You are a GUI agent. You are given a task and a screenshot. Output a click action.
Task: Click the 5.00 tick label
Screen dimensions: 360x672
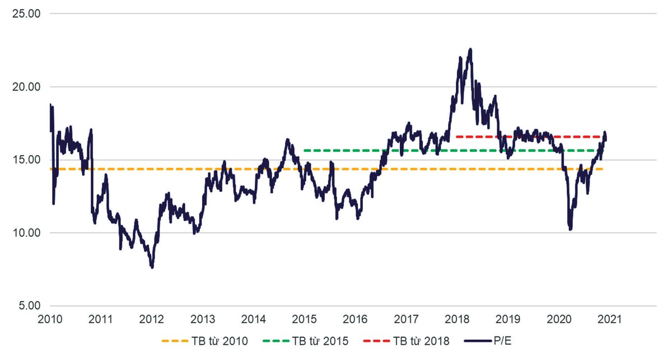[x=27, y=306]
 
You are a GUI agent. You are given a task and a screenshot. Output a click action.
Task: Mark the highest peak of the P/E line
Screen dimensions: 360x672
[x=470, y=49]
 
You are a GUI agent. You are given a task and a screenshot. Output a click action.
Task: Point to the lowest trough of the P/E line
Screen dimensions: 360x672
[x=152, y=268]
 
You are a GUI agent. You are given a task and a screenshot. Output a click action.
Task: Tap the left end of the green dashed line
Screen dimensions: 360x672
[x=305, y=151]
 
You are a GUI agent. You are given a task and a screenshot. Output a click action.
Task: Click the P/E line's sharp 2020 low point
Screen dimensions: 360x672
[x=570, y=229]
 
